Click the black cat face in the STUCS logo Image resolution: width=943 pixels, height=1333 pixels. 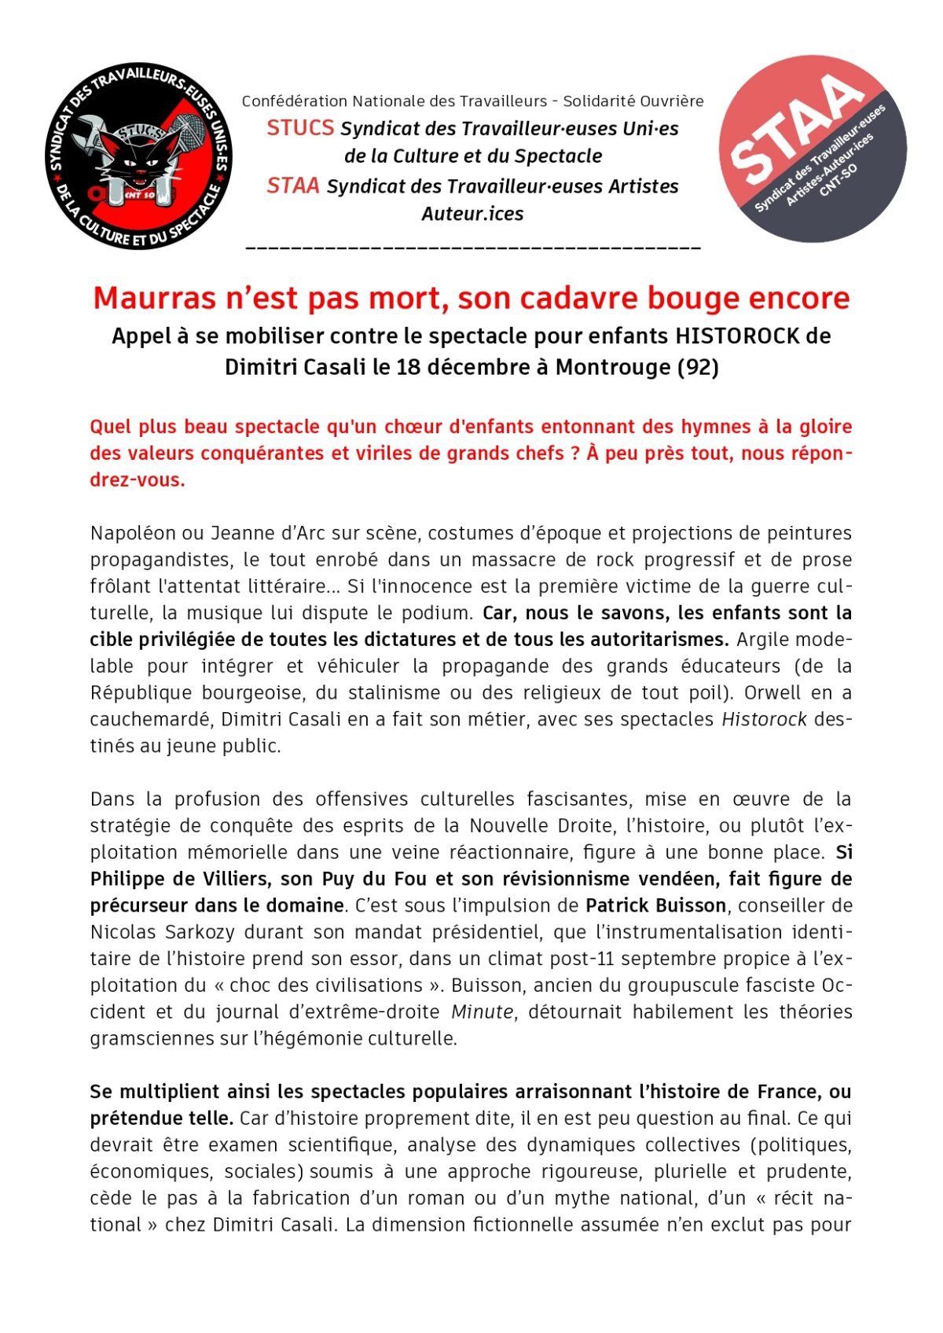[x=136, y=162]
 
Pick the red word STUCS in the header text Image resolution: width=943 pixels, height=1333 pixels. [x=300, y=128]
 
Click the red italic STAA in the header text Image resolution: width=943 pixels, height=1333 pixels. [x=292, y=186]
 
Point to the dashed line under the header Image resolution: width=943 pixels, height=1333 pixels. [x=473, y=248]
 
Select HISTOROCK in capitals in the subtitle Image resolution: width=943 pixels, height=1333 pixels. [x=739, y=336]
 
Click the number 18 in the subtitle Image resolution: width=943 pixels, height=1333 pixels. [x=409, y=368]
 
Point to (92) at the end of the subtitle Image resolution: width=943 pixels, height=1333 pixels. [x=698, y=368]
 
